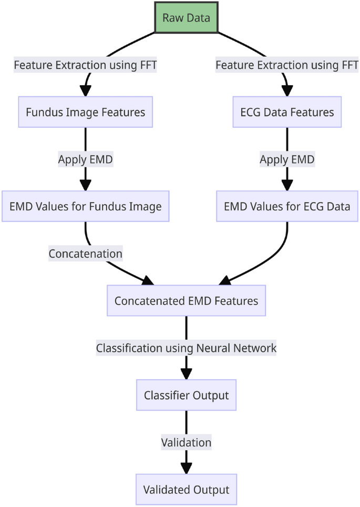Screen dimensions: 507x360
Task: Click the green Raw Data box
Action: coord(186,18)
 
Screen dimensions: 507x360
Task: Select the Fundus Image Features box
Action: coord(85,112)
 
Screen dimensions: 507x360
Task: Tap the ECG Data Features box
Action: coord(287,112)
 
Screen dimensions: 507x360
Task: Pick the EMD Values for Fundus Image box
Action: coord(85,206)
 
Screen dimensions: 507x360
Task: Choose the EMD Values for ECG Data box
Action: coord(287,206)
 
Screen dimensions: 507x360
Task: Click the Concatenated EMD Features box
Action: coord(186,301)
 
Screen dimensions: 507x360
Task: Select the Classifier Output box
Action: coord(186,395)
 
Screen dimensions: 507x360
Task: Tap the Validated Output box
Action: coord(186,489)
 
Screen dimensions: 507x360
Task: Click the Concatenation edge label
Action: coord(85,253)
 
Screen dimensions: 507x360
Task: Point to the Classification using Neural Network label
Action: coord(186,348)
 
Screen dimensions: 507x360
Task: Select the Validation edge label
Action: coord(186,442)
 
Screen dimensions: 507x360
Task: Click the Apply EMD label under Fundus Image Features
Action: coord(85,159)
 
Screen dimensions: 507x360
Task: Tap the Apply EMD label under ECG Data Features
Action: coord(287,159)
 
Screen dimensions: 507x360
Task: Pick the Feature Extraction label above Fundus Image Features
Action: coord(85,65)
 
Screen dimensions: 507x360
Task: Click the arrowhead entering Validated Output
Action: coord(186,468)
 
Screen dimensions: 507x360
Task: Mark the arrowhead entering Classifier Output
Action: coord(186,374)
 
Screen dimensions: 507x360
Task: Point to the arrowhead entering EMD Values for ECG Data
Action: coord(287,185)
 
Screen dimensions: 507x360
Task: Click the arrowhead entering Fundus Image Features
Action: coord(85,91)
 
